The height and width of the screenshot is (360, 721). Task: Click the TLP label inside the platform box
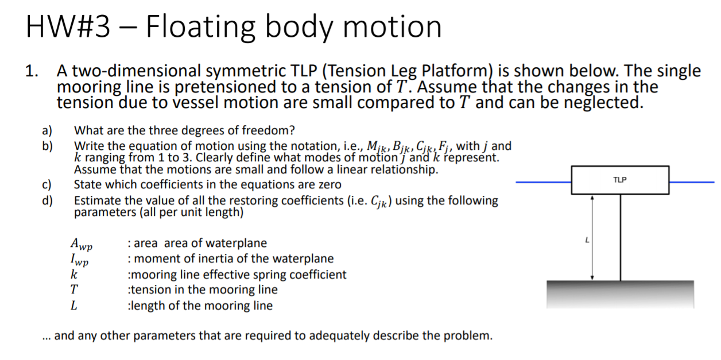click(620, 180)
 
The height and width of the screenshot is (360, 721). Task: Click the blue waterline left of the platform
click(543, 182)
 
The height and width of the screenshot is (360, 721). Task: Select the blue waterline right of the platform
click(692, 182)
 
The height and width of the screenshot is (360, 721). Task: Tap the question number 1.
click(32, 72)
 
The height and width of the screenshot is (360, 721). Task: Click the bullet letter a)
click(46, 130)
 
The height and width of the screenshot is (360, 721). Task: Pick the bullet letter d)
click(46, 200)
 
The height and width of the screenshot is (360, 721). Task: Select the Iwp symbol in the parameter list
click(80, 260)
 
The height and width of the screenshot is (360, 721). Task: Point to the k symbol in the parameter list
click(73, 274)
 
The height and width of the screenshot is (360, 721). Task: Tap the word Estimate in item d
click(96, 200)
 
